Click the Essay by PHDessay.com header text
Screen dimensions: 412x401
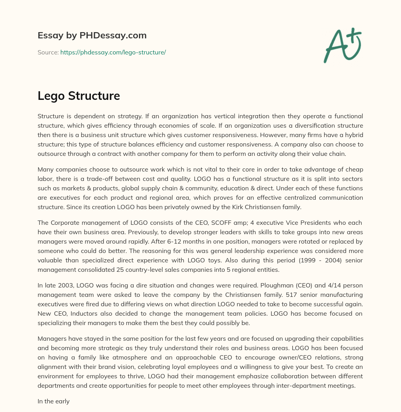[x=92, y=35]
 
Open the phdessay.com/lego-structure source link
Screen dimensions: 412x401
[x=113, y=52]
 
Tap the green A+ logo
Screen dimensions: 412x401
[x=342, y=45]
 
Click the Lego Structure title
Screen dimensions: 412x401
[x=79, y=96]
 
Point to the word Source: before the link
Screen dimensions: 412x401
[x=48, y=52]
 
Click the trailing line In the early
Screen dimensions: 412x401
[x=54, y=401]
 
